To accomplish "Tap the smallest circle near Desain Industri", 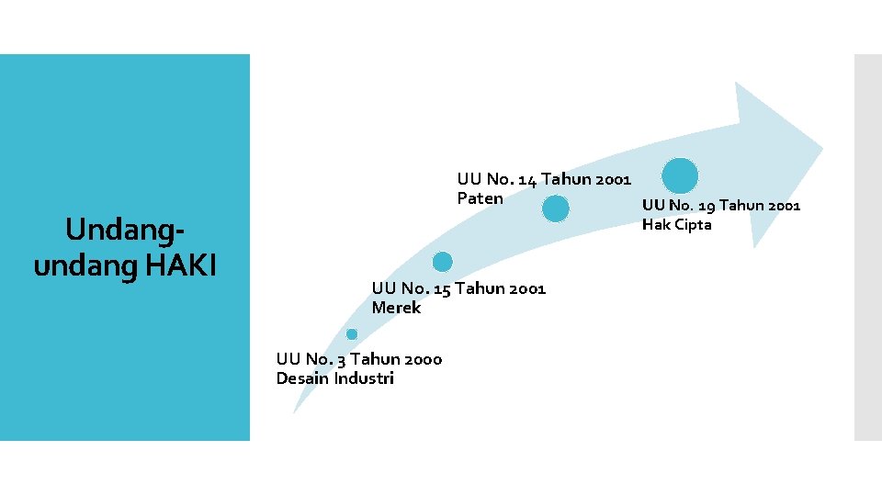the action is (x=352, y=333).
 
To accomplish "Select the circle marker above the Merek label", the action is (x=443, y=261).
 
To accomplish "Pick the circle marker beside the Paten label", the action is (x=555, y=209).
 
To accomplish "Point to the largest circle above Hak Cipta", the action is (x=680, y=175).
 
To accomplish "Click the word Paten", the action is (x=480, y=198).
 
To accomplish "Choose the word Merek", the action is (x=396, y=308).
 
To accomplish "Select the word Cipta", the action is (x=691, y=225).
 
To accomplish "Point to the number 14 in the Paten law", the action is (x=528, y=179).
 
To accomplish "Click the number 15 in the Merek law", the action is (x=442, y=288).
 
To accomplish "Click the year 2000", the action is (x=422, y=359).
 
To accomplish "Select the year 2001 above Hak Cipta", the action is (x=781, y=206).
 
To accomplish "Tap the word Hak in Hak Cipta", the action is (x=655, y=225).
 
